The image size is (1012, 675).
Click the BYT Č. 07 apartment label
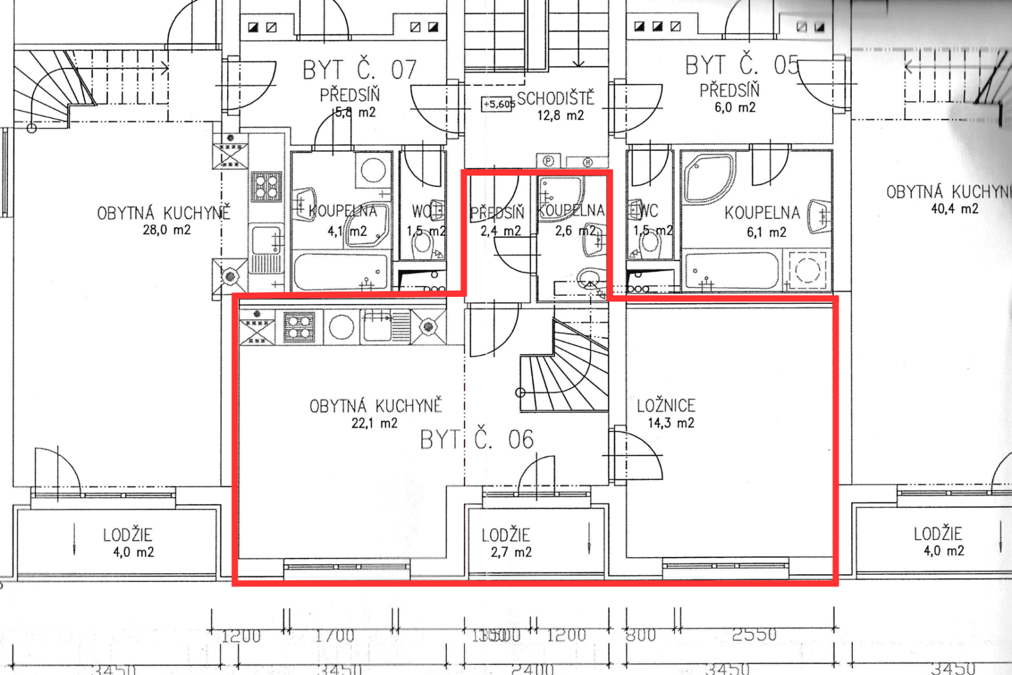360,70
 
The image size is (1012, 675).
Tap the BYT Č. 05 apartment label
742,65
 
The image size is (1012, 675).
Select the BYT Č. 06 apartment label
477,440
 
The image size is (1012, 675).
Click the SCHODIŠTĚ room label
555,99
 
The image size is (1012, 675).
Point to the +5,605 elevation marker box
498,104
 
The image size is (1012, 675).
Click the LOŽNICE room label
666,406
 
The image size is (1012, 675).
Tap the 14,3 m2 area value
671,423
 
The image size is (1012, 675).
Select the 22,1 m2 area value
374,423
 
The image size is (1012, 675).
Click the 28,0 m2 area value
166,229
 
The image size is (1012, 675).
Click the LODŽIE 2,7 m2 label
506,543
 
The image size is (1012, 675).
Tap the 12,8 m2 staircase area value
561,116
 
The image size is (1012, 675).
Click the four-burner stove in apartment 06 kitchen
299,327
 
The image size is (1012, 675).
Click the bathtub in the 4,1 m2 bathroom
341,272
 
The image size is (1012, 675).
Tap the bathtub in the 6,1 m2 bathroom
733,271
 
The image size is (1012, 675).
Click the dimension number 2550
755,634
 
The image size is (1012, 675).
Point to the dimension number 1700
335,636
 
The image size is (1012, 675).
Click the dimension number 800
641,636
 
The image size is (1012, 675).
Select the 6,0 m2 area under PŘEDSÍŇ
735,107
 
